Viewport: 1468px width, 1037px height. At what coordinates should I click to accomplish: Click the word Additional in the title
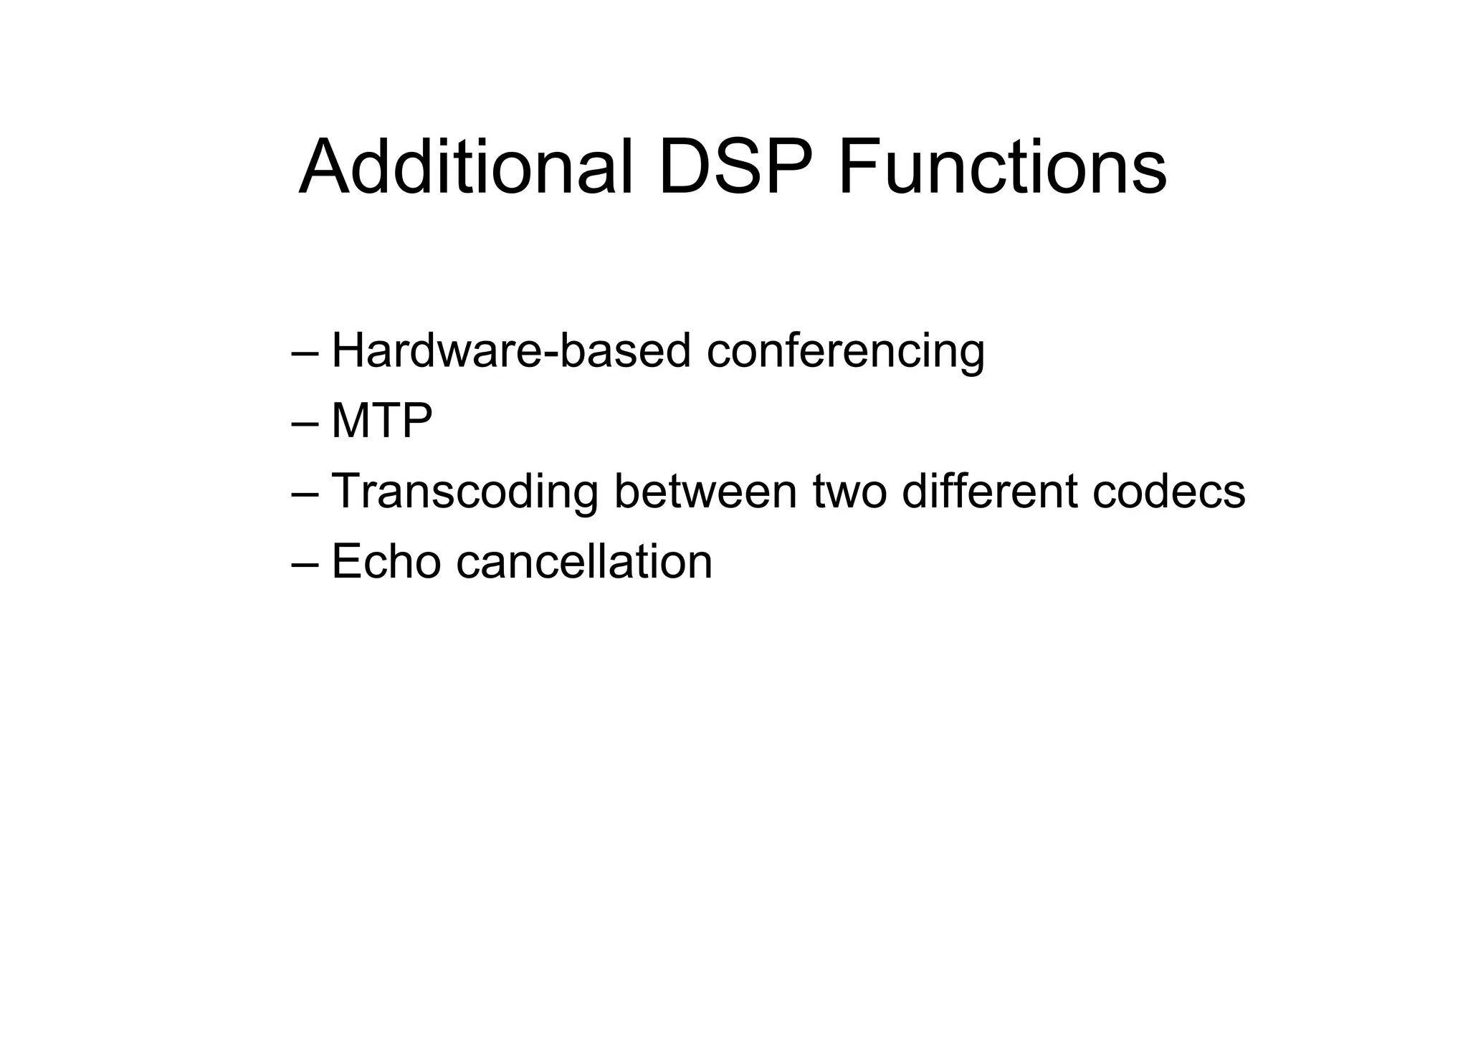pos(467,167)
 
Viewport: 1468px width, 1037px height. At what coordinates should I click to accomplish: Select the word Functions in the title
pos(1002,167)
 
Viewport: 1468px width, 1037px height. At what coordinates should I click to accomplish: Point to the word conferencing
pos(845,353)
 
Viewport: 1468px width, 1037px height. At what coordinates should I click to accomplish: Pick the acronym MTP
pos(381,421)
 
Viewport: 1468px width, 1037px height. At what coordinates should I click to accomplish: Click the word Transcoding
pos(464,492)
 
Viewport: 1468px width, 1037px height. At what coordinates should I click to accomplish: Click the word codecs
pos(1168,491)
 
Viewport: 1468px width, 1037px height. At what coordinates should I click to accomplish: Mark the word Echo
pos(386,561)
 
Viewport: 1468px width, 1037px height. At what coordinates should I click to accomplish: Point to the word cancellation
pos(584,561)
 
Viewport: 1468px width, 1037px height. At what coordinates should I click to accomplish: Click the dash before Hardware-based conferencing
pos(305,354)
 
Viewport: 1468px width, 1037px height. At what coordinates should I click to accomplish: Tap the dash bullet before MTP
pos(305,424)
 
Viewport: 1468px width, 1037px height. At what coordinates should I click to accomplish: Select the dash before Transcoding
pos(305,494)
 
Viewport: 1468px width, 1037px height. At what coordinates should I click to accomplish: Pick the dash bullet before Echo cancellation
pos(305,565)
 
